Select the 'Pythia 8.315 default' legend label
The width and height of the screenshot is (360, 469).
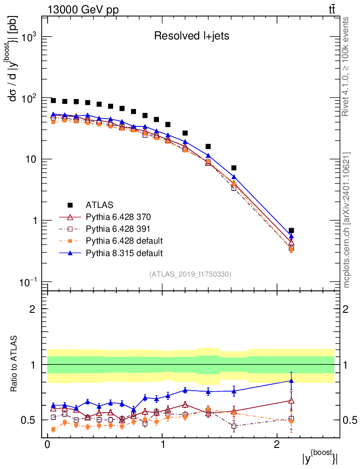[x=124, y=253]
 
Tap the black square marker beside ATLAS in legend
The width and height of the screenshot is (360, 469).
[x=70, y=205]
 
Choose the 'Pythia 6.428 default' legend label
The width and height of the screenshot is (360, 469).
[x=124, y=241]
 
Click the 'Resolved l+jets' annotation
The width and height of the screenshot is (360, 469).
[x=191, y=36]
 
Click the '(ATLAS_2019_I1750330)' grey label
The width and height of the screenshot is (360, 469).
[x=190, y=274]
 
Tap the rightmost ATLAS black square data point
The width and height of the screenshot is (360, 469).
[x=291, y=230]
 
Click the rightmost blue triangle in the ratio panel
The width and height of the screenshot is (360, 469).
[x=291, y=381]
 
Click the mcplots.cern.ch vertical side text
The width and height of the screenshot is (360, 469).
[x=347, y=220]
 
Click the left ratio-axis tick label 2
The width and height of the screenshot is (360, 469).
[x=33, y=309]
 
